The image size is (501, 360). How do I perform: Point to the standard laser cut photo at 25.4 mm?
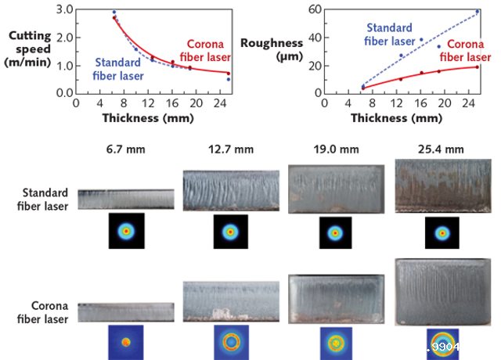[443, 186]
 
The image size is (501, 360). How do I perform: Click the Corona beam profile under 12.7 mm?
[230, 342]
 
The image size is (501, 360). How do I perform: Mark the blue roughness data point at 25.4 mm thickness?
[478, 12]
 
